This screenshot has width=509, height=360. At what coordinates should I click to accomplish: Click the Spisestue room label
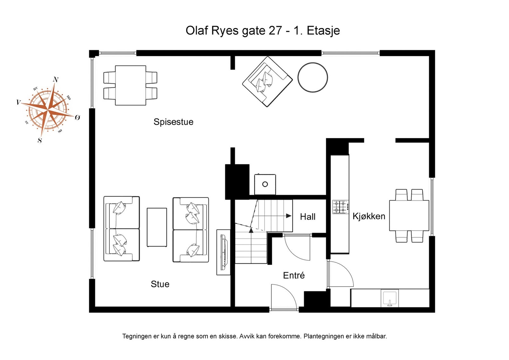[173, 122]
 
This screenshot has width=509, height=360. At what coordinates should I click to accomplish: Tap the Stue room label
[160, 284]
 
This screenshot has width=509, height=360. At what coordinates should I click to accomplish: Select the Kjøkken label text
[369, 216]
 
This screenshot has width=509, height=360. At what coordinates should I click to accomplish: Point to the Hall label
[308, 217]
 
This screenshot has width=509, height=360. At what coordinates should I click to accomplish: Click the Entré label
[294, 275]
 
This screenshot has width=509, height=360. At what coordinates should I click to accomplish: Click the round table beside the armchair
[313, 78]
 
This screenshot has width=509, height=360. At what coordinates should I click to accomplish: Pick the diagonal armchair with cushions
[267, 81]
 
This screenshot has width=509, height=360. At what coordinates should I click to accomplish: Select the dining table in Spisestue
[130, 85]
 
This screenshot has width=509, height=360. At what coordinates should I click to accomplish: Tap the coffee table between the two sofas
[157, 227]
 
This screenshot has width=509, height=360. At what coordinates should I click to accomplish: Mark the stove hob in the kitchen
[340, 207]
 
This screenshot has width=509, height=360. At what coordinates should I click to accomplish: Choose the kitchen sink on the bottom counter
[390, 299]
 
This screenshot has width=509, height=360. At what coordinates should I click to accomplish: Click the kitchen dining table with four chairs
[409, 215]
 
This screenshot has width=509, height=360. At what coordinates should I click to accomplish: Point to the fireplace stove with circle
[265, 184]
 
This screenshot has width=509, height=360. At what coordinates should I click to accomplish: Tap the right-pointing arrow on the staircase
[289, 216]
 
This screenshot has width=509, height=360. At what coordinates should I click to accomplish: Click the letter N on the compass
[56, 80]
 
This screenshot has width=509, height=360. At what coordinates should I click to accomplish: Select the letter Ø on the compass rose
[77, 118]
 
